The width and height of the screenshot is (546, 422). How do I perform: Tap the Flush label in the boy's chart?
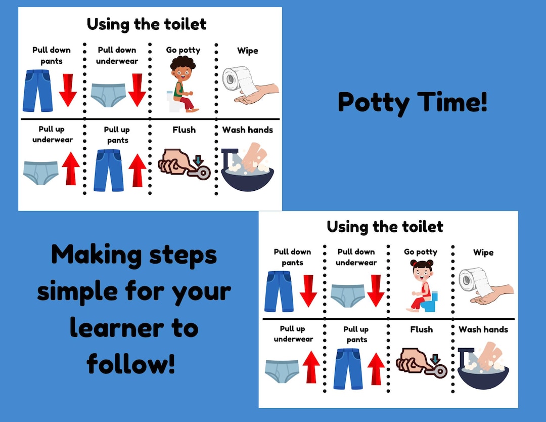184,130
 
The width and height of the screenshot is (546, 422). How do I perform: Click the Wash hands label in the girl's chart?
483,329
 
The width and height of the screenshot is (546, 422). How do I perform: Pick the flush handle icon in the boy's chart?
185,164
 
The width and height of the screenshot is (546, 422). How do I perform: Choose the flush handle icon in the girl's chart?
422,362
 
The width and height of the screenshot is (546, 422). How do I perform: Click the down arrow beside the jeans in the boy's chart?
68,90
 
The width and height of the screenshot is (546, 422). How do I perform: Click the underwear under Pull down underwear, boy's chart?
108,94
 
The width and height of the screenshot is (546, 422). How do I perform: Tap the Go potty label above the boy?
183,50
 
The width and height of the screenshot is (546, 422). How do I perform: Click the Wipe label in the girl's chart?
483,252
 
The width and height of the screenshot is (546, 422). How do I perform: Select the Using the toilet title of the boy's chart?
147,24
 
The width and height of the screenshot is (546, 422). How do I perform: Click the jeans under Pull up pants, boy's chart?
109,170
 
